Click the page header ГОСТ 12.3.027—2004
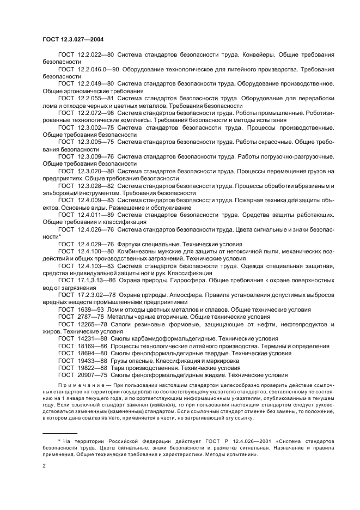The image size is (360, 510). point(73,40)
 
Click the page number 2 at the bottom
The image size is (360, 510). point(44,465)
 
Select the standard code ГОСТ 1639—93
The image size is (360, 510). point(81,309)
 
